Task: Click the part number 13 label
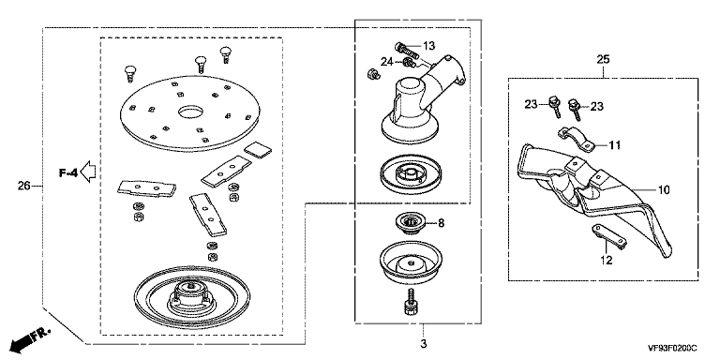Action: pos(428,46)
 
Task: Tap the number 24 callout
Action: pos(386,61)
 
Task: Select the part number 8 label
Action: pos(441,224)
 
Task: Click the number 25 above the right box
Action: pos(603,59)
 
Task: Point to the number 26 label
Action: pos(23,186)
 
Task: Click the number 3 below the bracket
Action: pos(424,343)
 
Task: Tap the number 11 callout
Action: pos(615,145)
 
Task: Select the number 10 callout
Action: pos(664,189)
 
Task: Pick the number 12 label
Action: pos(607,261)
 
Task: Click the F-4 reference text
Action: pos(67,172)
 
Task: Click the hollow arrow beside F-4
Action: pos(88,172)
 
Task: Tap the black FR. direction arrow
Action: pos(30,338)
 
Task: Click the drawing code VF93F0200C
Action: pos(672,348)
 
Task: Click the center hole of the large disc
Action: pos(190,112)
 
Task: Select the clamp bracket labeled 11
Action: pos(576,138)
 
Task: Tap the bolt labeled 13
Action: pos(406,49)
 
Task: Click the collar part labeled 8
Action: pos(410,223)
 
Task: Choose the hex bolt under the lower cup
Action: pos(410,302)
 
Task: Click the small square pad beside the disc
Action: pos(258,150)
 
